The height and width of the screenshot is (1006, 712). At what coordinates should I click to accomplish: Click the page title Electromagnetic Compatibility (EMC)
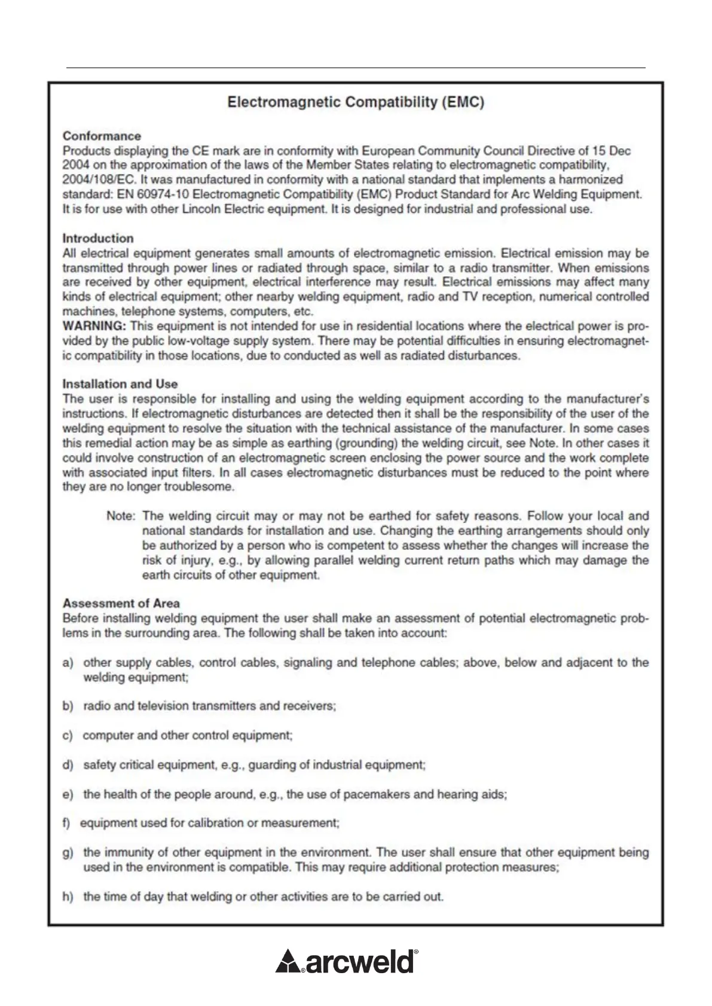pos(356,102)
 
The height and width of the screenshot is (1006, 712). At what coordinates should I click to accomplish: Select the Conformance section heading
pos(102,136)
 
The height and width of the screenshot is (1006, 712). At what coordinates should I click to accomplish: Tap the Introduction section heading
pos(98,238)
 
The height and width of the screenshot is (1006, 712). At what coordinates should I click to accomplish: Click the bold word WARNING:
pos(94,326)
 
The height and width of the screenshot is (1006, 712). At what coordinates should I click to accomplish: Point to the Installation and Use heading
pos(120,384)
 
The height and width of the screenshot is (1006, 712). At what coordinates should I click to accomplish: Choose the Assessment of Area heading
pos(121,603)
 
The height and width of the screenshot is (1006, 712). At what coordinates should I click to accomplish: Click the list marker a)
pos(68,663)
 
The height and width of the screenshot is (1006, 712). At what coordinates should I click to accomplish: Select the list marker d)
pos(68,765)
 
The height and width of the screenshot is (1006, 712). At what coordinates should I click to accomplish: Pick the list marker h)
pos(68,897)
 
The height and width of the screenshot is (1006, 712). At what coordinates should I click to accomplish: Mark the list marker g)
pos(68,853)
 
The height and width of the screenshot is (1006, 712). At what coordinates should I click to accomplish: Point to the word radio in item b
pos(96,706)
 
